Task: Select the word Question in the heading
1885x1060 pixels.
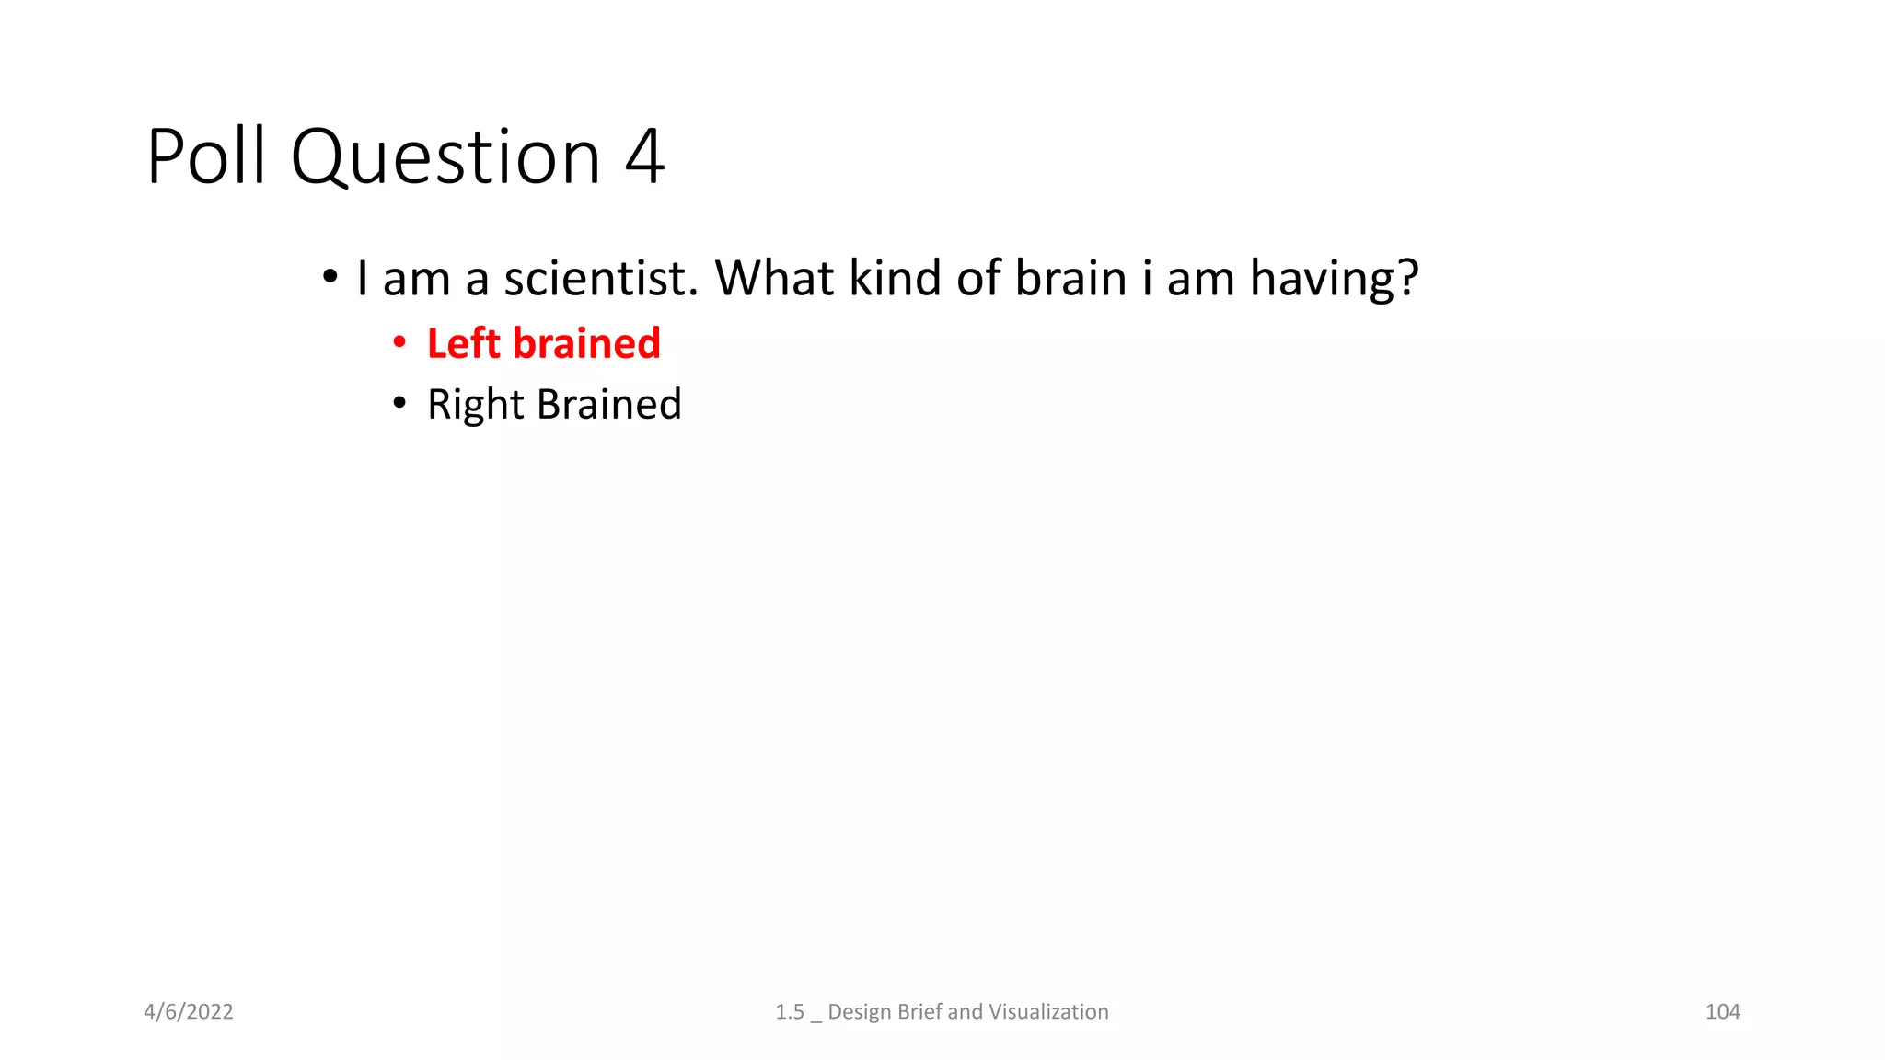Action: click(445, 158)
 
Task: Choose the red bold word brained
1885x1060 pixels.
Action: click(586, 343)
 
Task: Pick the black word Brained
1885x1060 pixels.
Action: click(608, 404)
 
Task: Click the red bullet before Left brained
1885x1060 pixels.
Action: click(399, 343)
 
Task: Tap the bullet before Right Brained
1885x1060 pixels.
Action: click(399, 403)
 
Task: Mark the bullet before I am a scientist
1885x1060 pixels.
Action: click(330, 276)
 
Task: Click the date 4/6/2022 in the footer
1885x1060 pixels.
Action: click(189, 1011)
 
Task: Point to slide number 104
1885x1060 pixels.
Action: click(1722, 1011)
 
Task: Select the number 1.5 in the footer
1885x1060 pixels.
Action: click(790, 1011)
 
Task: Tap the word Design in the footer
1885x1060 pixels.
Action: click(860, 1011)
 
